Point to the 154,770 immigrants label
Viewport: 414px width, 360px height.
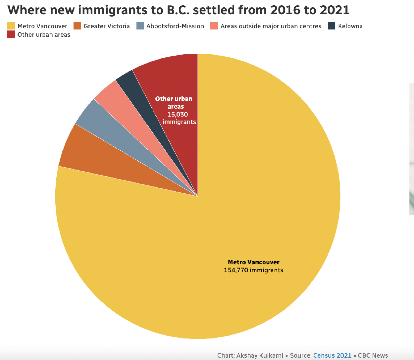coord(253,270)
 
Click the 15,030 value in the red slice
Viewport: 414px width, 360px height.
coord(178,115)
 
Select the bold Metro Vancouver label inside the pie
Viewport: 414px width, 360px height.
coord(253,262)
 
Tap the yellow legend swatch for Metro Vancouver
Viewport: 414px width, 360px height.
coord(11,26)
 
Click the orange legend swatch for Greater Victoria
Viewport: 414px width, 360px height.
coord(78,26)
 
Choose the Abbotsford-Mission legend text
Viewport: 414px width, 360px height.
coord(175,26)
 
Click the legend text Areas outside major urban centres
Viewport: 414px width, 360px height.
coord(271,26)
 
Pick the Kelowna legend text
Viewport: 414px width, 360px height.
coord(350,26)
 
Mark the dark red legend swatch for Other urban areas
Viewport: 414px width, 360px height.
coord(11,34)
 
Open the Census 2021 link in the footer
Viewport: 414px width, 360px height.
coord(332,355)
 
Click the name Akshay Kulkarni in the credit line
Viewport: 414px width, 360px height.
coord(260,355)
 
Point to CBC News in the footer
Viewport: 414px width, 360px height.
coord(373,355)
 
